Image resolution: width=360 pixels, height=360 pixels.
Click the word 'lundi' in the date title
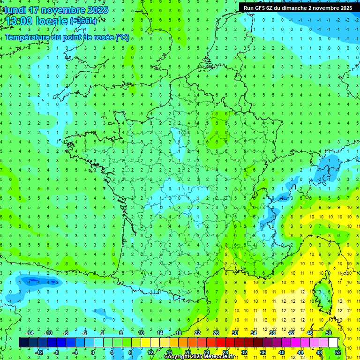click(15, 10)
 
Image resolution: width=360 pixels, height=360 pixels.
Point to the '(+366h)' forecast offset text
click(84, 21)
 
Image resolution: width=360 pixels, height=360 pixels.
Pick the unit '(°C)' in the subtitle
click(122, 37)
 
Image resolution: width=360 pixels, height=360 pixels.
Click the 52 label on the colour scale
click(338, 352)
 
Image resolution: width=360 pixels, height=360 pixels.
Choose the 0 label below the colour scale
click(92, 352)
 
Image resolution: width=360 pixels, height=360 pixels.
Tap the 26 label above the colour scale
click(216, 333)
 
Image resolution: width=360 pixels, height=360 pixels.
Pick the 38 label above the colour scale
click(272, 333)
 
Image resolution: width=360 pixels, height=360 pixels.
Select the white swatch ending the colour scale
click(333, 343)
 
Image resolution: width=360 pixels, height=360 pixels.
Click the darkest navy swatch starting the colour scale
click(23, 343)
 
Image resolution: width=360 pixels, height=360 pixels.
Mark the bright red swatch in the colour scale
click(220, 343)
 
